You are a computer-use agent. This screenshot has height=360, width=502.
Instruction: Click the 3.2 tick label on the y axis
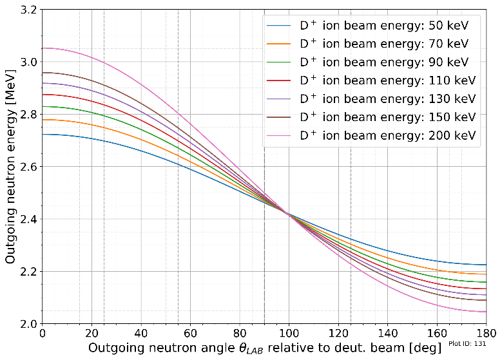click(x=28, y=10)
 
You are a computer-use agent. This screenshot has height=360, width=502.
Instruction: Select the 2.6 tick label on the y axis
click(x=28, y=167)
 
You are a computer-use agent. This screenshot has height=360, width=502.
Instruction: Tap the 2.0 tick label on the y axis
click(x=28, y=323)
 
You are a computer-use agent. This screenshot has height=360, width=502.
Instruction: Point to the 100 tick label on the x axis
click(x=289, y=334)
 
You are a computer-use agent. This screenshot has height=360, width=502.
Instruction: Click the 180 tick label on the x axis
click(x=486, y=334)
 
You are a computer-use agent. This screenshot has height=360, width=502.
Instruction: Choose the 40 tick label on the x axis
click(x=141, y=334)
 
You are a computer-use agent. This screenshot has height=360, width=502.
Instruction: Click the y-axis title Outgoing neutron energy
click(x=10, y=167)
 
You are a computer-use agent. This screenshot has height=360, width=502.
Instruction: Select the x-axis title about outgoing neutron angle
click(x=264, y=348)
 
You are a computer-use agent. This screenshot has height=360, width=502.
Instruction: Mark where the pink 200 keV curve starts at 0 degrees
click(x=43, y=48)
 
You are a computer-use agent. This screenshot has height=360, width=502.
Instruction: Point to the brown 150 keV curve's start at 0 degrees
click(x=43, y=73)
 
